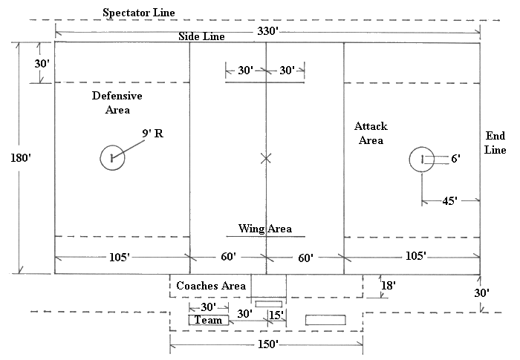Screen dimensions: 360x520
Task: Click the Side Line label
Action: pos(203,36)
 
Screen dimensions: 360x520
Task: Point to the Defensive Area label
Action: pos(117,102)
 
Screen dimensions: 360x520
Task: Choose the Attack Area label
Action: pos(370,134)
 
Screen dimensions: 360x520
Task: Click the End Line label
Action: pos(495,143)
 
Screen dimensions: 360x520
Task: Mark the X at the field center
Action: pos(267,157)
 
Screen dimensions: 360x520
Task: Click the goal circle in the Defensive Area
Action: pos(112,157)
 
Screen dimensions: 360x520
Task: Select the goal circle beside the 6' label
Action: pos(421,159)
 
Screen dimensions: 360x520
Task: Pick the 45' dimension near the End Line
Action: pos(449,200)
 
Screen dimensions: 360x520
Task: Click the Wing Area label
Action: pos(264,228)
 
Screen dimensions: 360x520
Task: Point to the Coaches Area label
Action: pos(211,286)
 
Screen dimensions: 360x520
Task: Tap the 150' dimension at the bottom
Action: pos(265,345)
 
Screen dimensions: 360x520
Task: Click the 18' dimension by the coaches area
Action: pos(389,284)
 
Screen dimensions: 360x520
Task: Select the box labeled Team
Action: pos(209,320)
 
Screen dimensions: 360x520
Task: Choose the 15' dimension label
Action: pos(276,315)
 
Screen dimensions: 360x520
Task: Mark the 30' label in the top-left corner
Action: pos(42,64)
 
